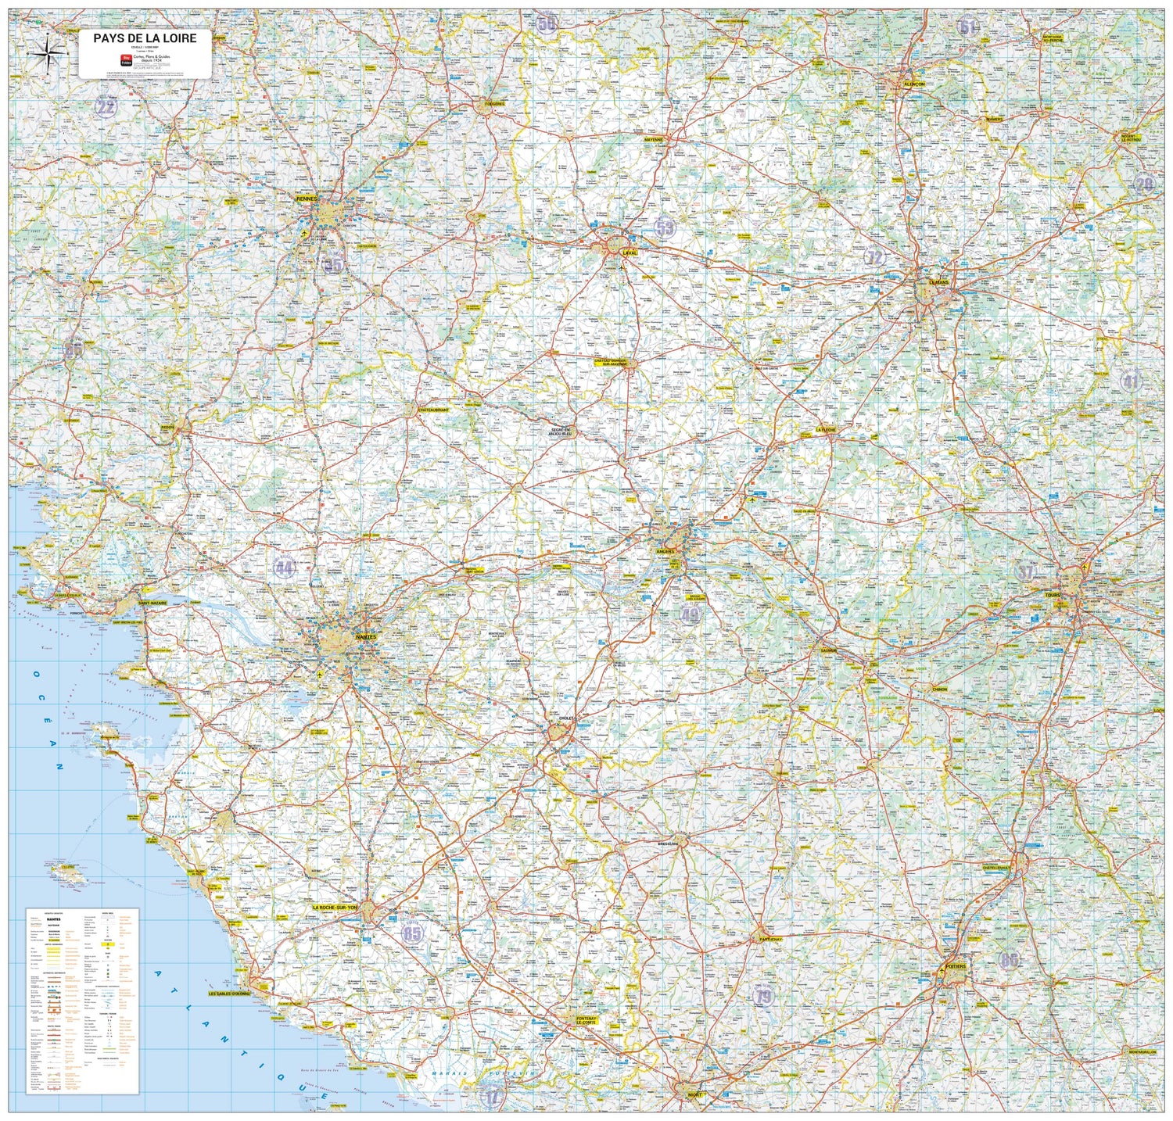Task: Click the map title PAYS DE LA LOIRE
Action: point(145,38)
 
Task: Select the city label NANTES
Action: point(365,638)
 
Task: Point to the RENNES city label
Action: point(307,199)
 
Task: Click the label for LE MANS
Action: point(938,282)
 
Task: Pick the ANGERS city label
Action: point(665,551)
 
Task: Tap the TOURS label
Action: point(1053,595)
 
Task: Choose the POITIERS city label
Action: point(956,966)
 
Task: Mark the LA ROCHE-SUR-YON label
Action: point(334,908)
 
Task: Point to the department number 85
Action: point(412,933)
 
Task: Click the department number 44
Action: point(284,568)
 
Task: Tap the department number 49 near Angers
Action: point(689,614)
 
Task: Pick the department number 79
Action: point(763,995)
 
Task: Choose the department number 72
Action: point(874,257)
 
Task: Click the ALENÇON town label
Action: point(914,84)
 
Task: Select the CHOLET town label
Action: point(566,718)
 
